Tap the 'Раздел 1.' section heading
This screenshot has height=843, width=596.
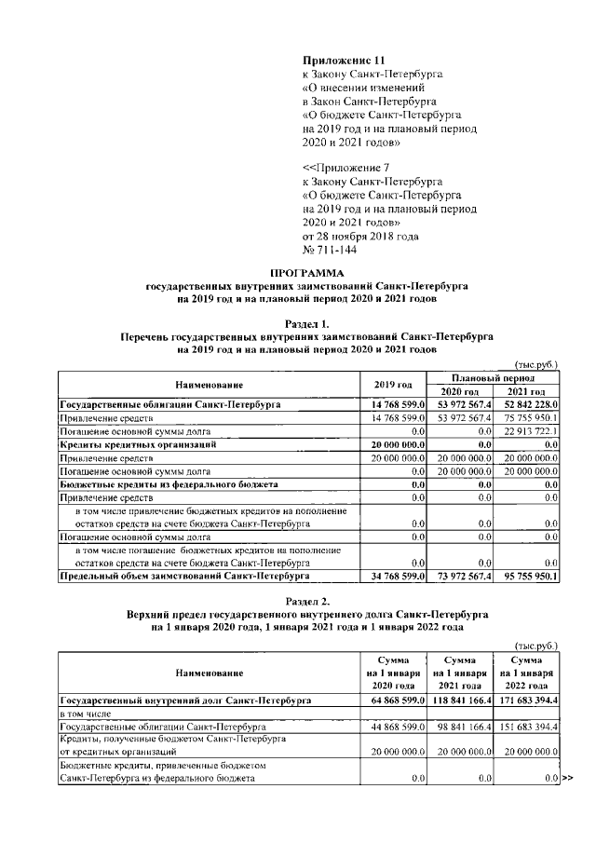pyautogui.click(x=306, y=322)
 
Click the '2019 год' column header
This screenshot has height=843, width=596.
pyautogui.click(x=392, y=385)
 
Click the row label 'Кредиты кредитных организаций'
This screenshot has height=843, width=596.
pyautogui.click(x=138, y=445)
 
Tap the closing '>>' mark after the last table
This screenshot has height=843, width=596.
pyautogui.click(x=567, y=777)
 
